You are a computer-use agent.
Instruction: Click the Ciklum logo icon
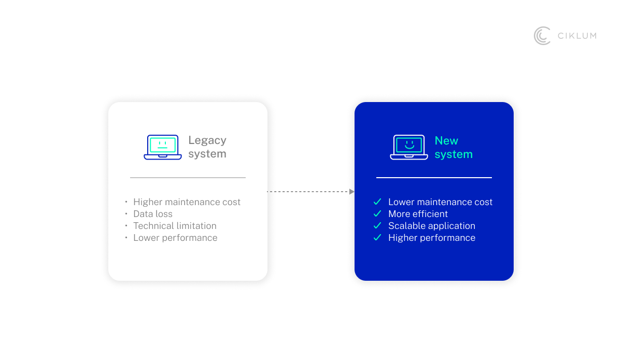tap(542, 36)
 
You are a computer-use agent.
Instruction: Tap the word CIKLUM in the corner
tap(577, 36)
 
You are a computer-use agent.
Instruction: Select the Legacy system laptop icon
tap(163, 147)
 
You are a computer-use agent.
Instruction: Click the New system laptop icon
tap(409, 147)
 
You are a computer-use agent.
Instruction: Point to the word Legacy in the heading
tap(207, 140)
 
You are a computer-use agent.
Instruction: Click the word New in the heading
tap(446, 141)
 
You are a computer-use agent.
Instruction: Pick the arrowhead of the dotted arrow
tap(352, 192)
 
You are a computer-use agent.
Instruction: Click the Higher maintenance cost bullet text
tap(187, 202)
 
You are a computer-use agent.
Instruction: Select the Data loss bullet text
tap(153, 214)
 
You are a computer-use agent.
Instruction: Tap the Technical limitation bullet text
tap(175, 226)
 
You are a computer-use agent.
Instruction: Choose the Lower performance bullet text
tap(175, 238)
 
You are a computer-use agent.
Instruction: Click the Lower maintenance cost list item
tap(440, 202)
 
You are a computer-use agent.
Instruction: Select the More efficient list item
tap(418, 214)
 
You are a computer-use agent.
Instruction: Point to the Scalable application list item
tap(432, 226)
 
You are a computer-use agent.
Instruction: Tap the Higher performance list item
tap(432, 238)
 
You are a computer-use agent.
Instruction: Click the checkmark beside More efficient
tap(377, 213)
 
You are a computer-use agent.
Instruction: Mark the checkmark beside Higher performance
tap(377, 237)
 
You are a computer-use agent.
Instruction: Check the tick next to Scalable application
tap(377, 225)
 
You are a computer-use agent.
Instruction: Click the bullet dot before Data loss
tap(126, 213)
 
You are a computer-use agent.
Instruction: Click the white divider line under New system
tap(434, 178)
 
